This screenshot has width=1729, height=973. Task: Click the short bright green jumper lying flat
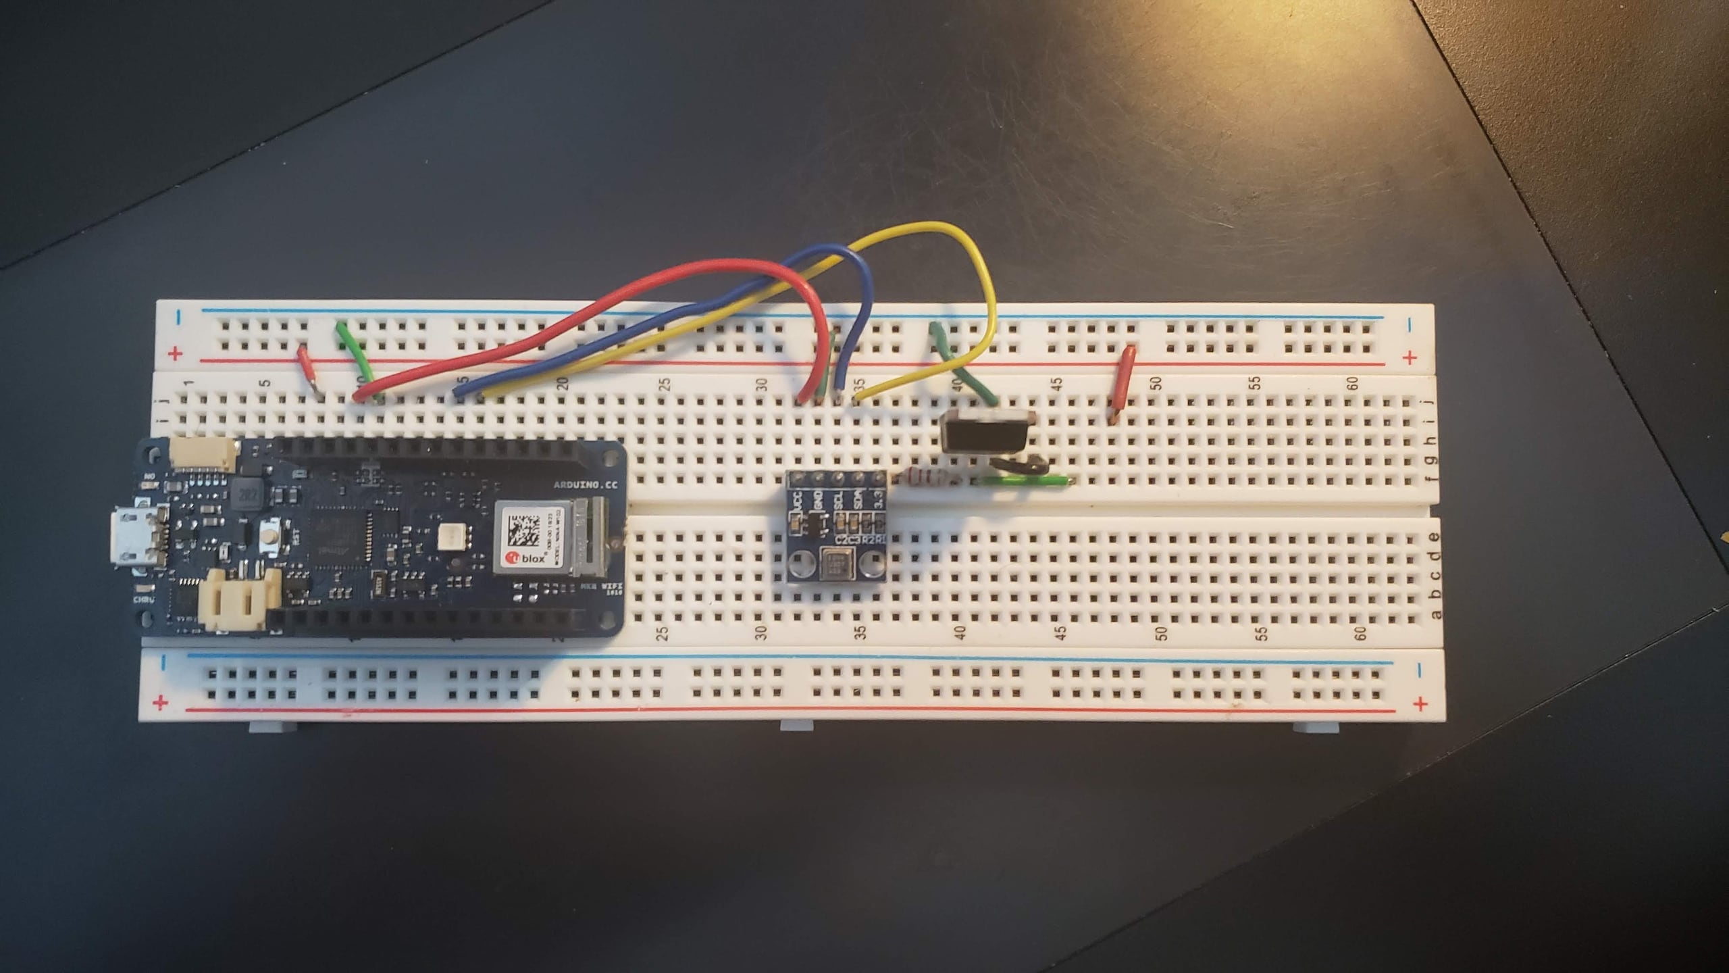coord(1024,481)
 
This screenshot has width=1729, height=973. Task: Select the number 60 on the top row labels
coord(1352,383)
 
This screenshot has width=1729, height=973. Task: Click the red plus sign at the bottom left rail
coord(160,704)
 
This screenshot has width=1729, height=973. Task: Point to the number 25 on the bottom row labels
coord(663,633)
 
